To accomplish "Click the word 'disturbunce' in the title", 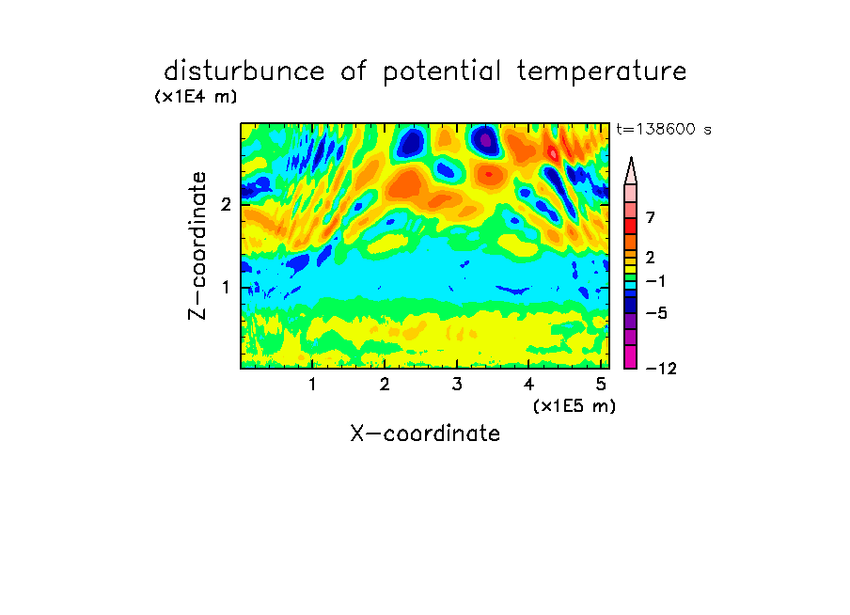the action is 244,71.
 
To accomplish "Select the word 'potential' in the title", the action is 442,71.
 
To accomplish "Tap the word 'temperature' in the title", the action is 602,71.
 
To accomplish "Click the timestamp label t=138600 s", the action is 664,129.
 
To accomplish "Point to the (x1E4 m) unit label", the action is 196,97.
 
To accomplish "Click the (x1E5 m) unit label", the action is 575,405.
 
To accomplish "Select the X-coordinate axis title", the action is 425,434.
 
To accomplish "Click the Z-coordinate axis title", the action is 197,245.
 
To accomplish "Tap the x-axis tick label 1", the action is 312,384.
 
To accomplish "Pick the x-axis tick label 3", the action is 457,384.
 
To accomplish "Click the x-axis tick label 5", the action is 601,384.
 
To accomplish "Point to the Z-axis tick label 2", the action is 226,204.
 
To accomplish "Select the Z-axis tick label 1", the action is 226,287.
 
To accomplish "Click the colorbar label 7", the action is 651,217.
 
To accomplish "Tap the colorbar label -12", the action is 661,369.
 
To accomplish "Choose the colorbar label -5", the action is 656,313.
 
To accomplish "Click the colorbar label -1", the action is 655,281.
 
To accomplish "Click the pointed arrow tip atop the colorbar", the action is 631,158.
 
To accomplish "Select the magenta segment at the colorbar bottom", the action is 631,356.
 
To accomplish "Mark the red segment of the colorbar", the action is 631,226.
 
